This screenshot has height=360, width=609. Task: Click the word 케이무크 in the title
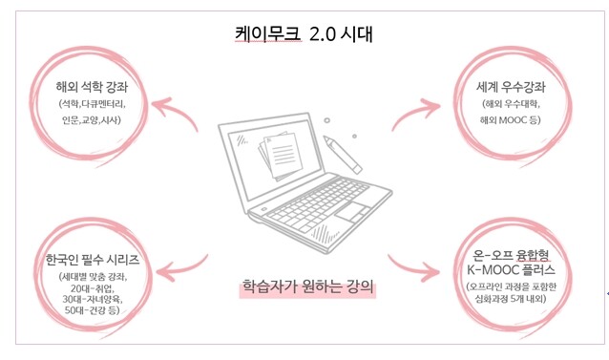click(x=267, y=34)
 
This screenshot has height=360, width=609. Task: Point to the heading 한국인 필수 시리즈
click(x=92, y=260)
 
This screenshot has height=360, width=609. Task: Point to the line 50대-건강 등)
click(x=92, y=310)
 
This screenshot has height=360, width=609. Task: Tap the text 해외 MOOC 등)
click(x=510, y=120)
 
